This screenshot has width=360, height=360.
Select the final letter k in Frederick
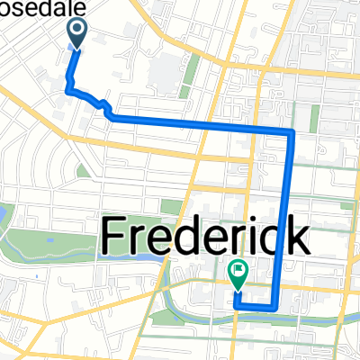[296, 236]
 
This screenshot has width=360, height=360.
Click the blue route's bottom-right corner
[274, 308]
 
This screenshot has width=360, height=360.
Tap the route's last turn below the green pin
[237, 306]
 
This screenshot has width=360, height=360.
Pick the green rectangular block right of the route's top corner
[315, 119]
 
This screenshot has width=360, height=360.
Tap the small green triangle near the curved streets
[82, 170]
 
